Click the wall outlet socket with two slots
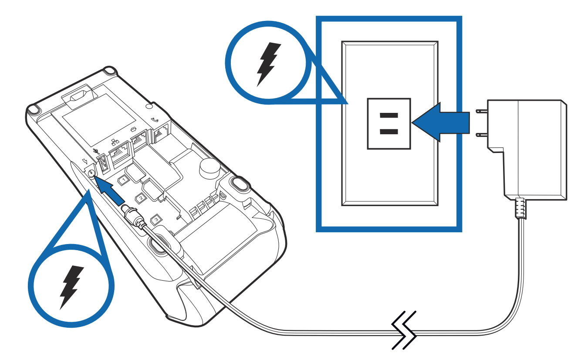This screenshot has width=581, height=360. pyautogui.click(x=389, y=124)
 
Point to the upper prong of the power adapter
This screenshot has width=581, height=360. pyautogui.click(x=481, y=112)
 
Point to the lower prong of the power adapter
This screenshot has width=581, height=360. pyautogui.click(x=481, y=135)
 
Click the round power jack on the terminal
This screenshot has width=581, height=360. pyautogui.click(x=91, y=173)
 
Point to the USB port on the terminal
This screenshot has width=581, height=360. pyautogui.click(x=104, y=164)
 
